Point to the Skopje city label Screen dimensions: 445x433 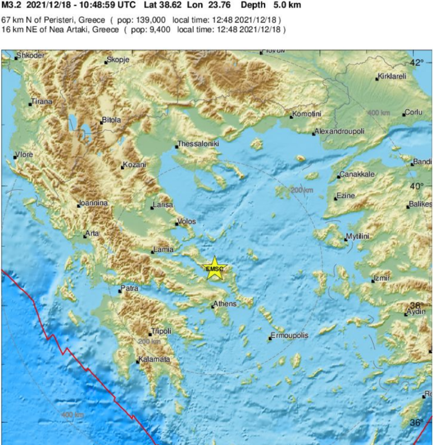(x=119, y=59)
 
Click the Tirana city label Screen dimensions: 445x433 (x=42, y=102)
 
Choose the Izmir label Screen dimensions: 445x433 (x=382, y=278)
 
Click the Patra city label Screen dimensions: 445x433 (x=130, y=288)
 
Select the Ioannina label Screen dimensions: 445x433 (x=94, y=203)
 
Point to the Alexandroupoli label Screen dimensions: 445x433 (x=340, y=132)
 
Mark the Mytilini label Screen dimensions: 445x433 (x=358, y=237)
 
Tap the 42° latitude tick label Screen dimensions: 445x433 (x=417, y=62)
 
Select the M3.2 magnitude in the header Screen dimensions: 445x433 (x=10, y=5)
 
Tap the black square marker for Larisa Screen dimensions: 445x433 (x=152, y=208)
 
